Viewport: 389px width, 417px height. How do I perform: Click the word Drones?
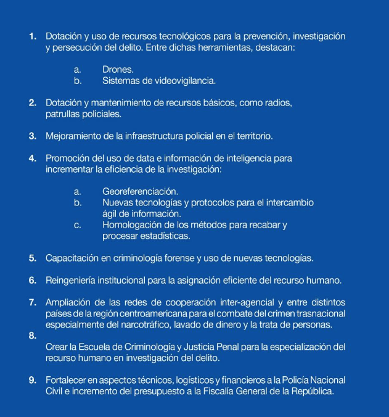[x=118, y=70]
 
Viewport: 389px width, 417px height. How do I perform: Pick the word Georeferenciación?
[x=141, y=192]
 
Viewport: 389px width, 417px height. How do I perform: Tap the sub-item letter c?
[x=77, y=225]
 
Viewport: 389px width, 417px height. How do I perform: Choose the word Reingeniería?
[x=73, y=281]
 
